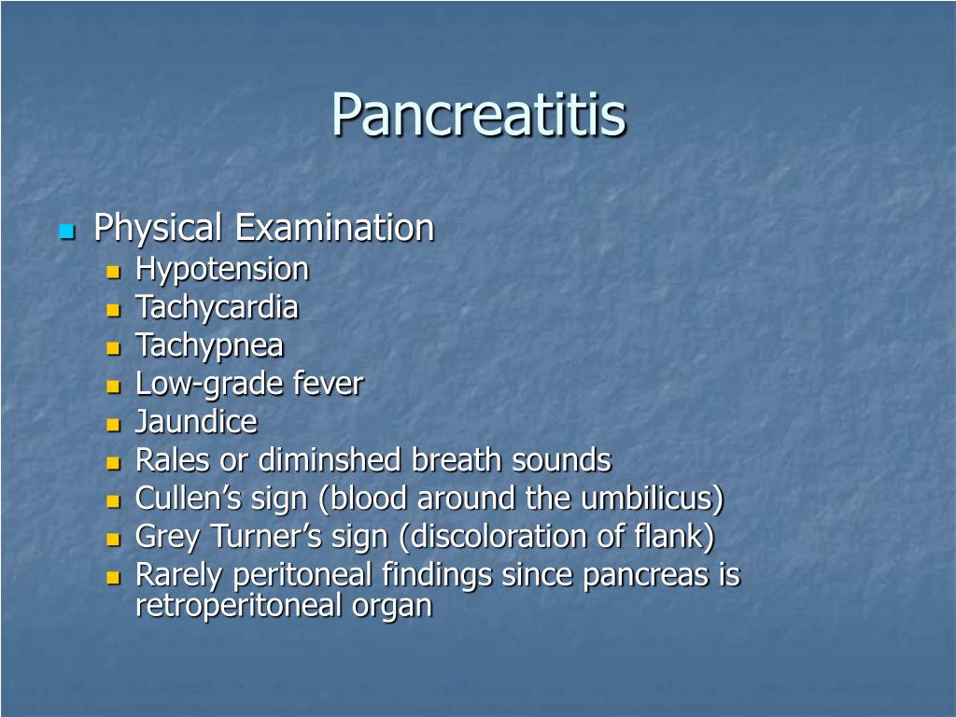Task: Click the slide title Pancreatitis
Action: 479,115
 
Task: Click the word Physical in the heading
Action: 157,229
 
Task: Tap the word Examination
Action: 335,228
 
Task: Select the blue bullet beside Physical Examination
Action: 67,232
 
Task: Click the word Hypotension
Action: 222,270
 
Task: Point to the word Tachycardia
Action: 217,307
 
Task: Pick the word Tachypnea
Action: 209,345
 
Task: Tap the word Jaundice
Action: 196,422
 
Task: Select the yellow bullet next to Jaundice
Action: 113,425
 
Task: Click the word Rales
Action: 173,459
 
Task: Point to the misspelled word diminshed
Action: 330,459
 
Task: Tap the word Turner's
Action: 266,537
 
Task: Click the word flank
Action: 674,537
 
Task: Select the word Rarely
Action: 178,575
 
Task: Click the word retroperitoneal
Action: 238,606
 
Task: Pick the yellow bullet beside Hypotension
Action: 113,272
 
